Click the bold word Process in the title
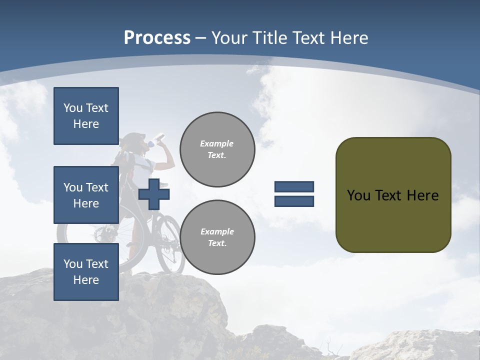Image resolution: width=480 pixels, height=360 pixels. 157,38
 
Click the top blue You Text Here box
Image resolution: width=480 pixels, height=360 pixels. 86,116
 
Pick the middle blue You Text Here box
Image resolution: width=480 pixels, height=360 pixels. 86,195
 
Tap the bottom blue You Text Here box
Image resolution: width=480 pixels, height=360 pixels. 86,272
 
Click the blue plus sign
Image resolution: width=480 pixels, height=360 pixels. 153,194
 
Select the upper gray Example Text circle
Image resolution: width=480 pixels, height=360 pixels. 217,149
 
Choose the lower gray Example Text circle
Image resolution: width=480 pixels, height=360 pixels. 217,237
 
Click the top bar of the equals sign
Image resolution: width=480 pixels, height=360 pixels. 294,186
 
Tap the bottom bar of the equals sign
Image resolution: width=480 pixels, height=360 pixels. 294,201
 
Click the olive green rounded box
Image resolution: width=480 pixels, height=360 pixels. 393,194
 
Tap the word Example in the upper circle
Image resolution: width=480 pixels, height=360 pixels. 216,143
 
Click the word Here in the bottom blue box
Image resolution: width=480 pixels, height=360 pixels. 86,280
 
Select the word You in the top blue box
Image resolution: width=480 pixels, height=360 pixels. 72,108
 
